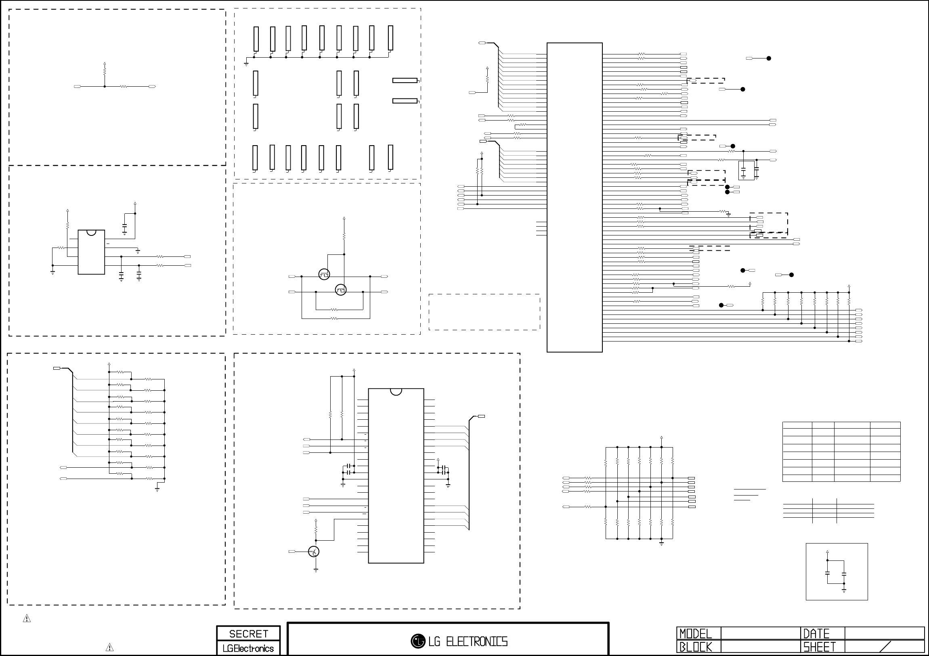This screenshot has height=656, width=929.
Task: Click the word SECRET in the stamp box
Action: (248, 633)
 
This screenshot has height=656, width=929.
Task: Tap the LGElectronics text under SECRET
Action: (248, 648)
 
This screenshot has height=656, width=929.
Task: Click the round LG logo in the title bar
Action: (417, 641)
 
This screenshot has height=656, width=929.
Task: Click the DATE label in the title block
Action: (816, 633)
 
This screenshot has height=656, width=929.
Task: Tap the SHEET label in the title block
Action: (819, 647)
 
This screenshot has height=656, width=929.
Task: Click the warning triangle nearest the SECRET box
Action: (109, 647)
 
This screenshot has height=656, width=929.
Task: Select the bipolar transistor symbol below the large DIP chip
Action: (314, 551)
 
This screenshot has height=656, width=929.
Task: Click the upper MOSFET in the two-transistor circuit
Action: (324, 275)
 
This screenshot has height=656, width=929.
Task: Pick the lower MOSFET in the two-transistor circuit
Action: (341, 290)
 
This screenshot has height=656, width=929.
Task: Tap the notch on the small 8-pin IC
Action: (91, 232)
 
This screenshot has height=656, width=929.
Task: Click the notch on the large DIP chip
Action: (396, 391)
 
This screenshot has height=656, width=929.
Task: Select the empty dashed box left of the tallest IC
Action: (484, 312)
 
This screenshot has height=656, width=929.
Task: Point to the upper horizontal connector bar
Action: (405, 80)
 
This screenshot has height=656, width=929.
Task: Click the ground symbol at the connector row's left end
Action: (246, 64)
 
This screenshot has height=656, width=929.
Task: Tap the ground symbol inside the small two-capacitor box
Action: (844, 591)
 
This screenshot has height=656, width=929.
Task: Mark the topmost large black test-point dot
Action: (769, 58)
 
